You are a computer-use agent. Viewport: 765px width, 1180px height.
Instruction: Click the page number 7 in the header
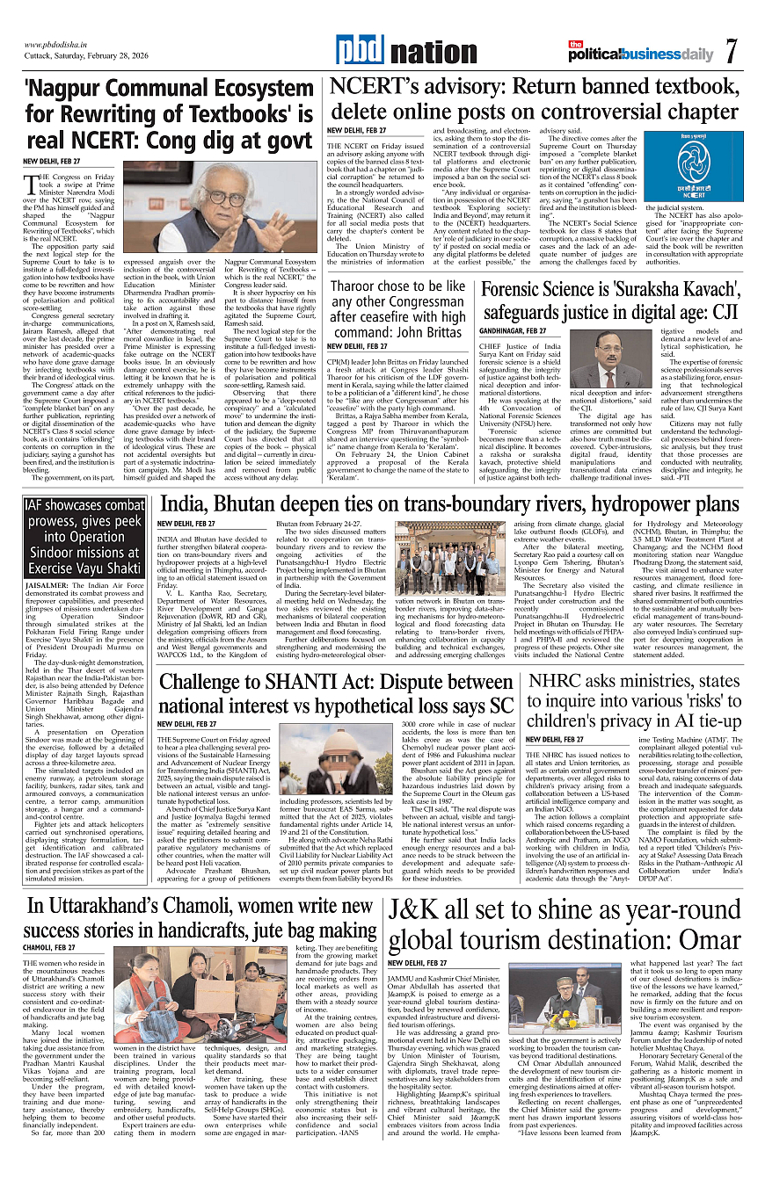coord(732,52)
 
